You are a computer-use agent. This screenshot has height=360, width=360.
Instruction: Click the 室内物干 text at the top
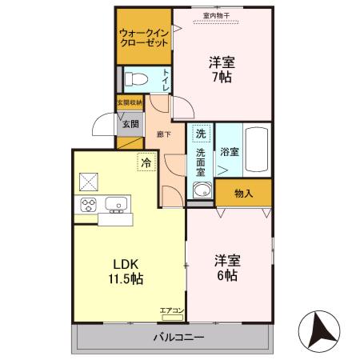pos(216,14)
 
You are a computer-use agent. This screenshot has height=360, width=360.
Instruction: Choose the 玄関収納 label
pos(130,102)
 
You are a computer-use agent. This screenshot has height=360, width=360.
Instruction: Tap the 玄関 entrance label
pos(130,124)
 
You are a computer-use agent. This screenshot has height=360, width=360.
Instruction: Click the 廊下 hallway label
pos(163,134)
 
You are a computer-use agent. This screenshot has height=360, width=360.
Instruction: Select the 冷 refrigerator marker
pos(146,162)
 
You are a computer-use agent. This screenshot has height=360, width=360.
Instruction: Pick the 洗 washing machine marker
pos(201,133)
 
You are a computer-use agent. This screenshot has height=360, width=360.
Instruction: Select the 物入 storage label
pos(243,193)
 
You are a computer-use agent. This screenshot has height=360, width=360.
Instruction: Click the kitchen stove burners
pos(87,205)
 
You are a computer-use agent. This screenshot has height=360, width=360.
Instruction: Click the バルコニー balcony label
pos(178,338)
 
